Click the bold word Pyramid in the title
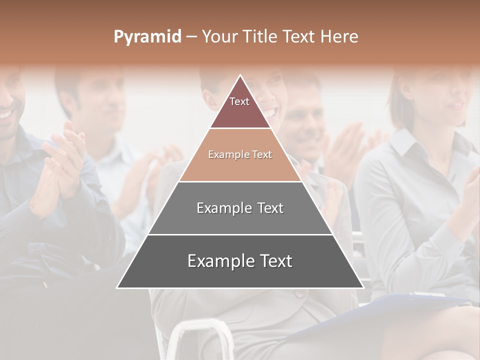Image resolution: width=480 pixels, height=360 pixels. pos(147,37)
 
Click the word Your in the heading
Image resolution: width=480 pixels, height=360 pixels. pos(219,37)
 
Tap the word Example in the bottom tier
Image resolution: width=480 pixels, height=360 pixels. pos(217,261)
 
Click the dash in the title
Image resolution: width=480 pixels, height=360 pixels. pos(191,37)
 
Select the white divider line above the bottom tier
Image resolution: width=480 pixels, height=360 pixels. pos(240,234)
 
